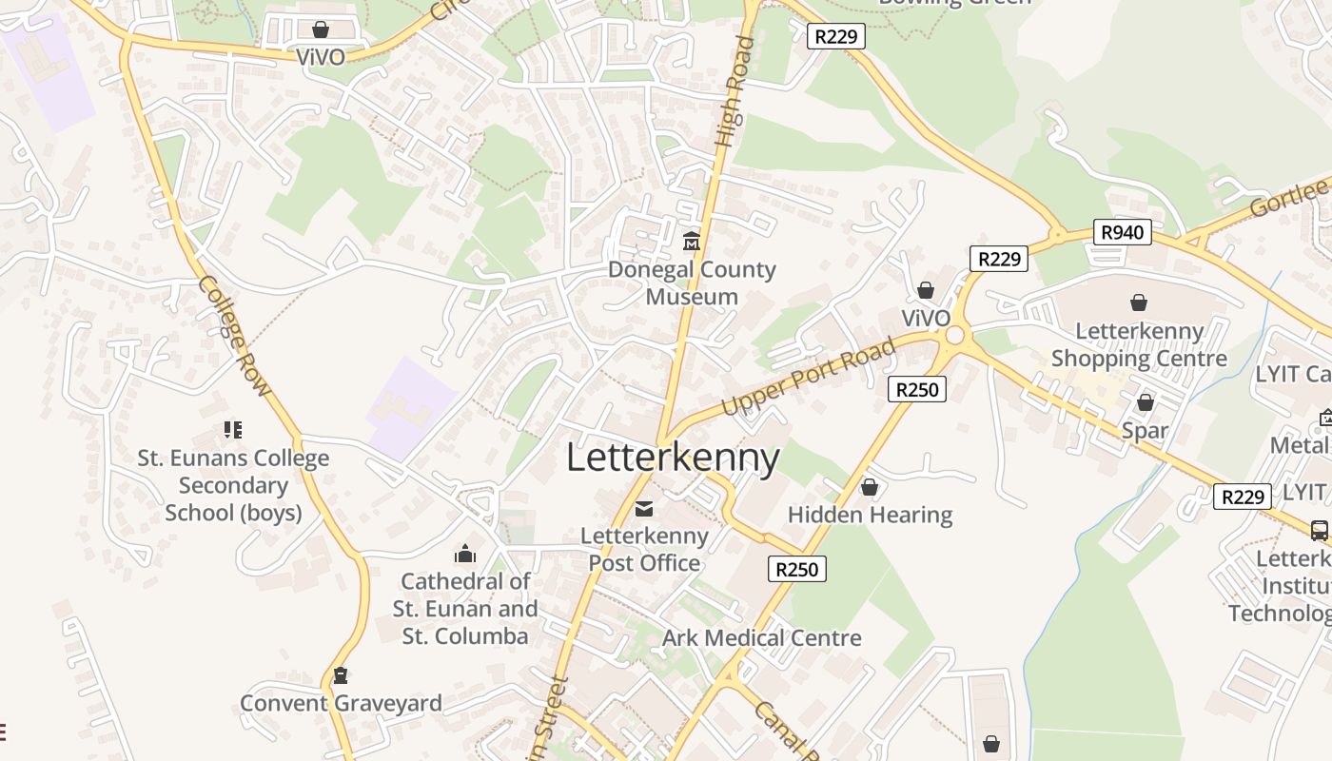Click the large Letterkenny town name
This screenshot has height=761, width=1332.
tap(673, 458)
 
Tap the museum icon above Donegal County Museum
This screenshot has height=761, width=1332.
tap(691, 242)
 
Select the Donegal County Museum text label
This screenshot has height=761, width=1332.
tap(692, 283)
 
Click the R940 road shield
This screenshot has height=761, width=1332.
tap(1122, 232)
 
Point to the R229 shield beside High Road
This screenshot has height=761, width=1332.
tap(836, 37)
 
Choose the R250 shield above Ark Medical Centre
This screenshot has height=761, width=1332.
tap(796, 569)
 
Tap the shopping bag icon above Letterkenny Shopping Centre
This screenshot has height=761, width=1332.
tap(1138, 302)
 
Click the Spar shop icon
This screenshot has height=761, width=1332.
tap(1145, 402)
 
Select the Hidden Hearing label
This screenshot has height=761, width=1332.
tap(870, 515)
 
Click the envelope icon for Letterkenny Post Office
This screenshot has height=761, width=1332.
tap(644, 509)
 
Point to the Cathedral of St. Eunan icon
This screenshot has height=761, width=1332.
tap(464, 553)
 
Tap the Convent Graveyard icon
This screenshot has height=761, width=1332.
tap(340, 675)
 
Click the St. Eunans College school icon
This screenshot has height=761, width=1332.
tap(233, 430)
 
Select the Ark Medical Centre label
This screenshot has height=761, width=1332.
tap(761, 637)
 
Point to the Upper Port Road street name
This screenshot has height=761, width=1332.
tap(808, 377)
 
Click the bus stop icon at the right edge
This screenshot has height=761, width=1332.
tap(1319, 530)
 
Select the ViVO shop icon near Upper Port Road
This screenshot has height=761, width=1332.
tap(925, 290)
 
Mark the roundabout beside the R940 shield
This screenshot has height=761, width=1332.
tap(1056, 234)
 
